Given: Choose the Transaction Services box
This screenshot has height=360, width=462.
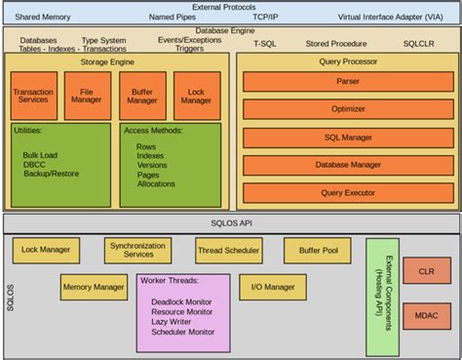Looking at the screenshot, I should point(33,97).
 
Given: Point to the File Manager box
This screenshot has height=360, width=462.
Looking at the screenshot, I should point(88,97).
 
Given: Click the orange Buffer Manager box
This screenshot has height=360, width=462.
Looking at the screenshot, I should point(142,97).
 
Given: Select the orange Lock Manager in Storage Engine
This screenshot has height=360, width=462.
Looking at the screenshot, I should point(197,97).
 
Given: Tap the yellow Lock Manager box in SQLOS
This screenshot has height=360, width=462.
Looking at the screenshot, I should point(46,251).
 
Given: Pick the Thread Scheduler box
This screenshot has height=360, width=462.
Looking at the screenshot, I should point(228,251).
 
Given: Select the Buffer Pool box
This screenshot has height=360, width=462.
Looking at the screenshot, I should point(317,251).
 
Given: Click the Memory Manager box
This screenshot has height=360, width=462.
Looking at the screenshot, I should point(94,287).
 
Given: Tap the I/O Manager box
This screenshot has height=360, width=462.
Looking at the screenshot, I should point(272,287).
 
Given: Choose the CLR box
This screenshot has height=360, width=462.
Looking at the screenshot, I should point(426,272).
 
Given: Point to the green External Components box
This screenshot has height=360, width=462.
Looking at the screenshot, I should point(382,297).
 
